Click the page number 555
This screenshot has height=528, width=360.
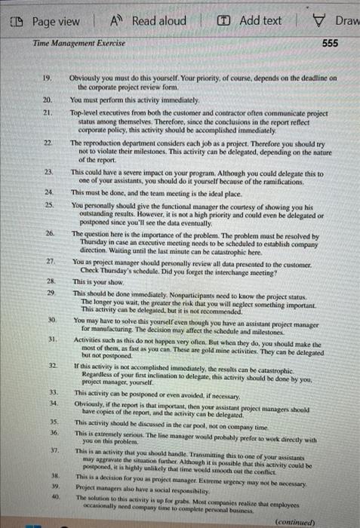(329, 43)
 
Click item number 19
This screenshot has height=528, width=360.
(46, 78)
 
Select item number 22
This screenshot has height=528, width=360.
(47, 142)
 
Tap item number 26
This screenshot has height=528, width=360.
(47, 213)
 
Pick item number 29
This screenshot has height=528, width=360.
(47, 271)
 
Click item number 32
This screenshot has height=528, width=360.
(47, 343)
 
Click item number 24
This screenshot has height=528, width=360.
(47, 193)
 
